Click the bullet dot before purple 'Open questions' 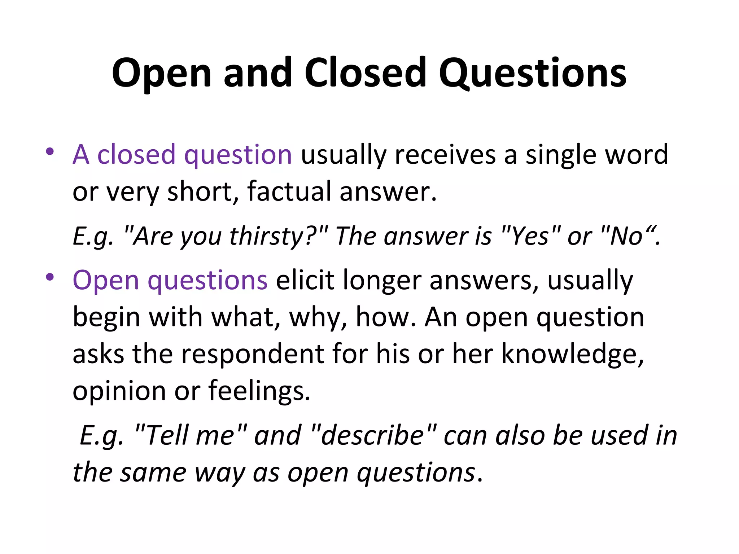tap(50, 277)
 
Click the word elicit tap(305, 280)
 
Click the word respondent tap(253, 354)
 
